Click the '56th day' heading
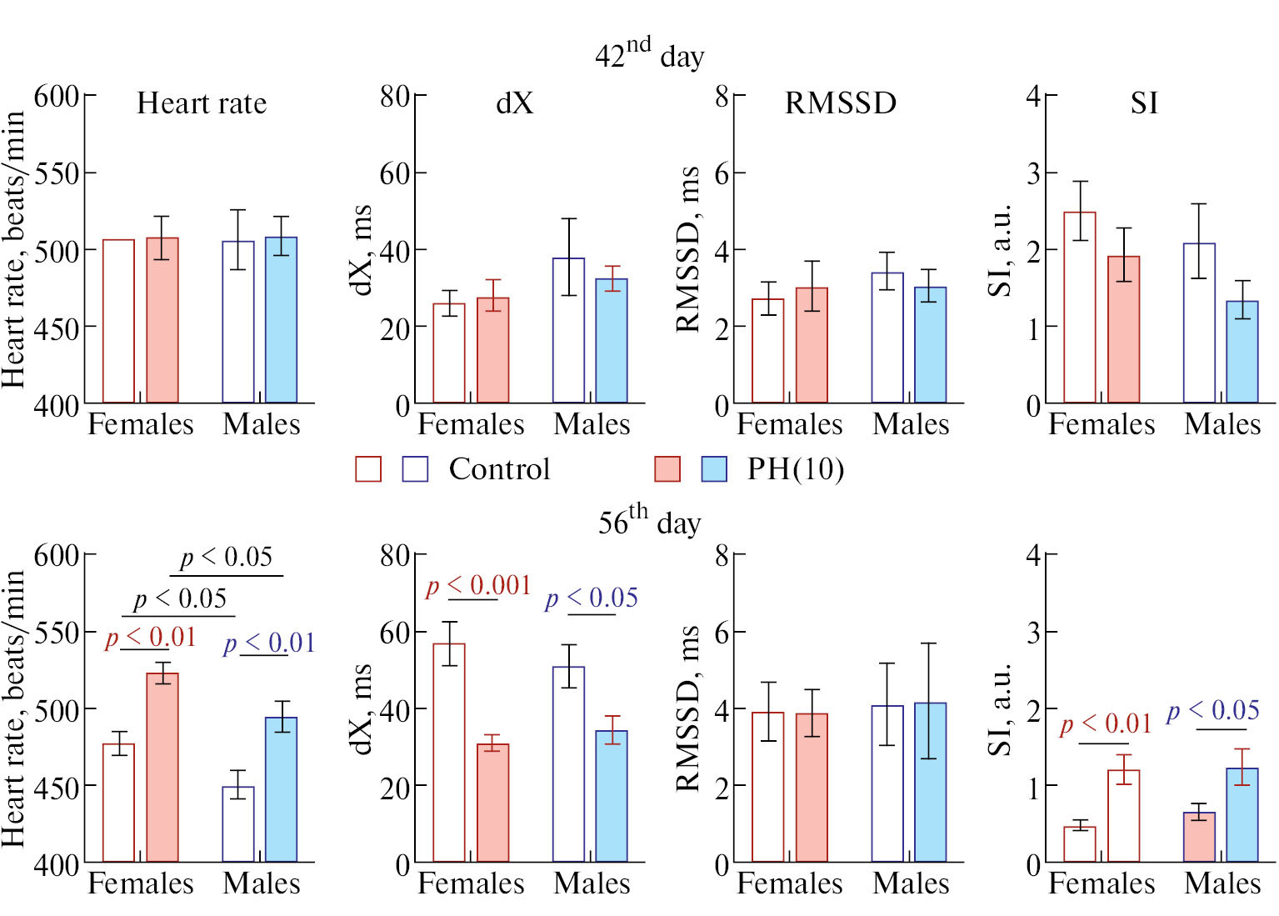(649, 520)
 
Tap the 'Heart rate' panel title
(202, 103)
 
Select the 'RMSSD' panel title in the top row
(841, 103)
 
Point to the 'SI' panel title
(1144, 103)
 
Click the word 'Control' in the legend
(499, 468)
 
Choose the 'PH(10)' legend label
(795, 468)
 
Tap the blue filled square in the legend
(714, 469)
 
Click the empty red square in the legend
(368, 469)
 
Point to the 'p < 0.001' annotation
(478, 586)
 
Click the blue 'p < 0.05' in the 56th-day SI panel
(1212, 711)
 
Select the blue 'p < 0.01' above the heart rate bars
(269, 643)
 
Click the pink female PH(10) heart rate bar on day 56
(162, 767)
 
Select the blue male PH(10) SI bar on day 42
(1242, 352)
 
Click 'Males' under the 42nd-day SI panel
(1222, 424)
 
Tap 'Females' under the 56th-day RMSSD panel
(790, 883)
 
